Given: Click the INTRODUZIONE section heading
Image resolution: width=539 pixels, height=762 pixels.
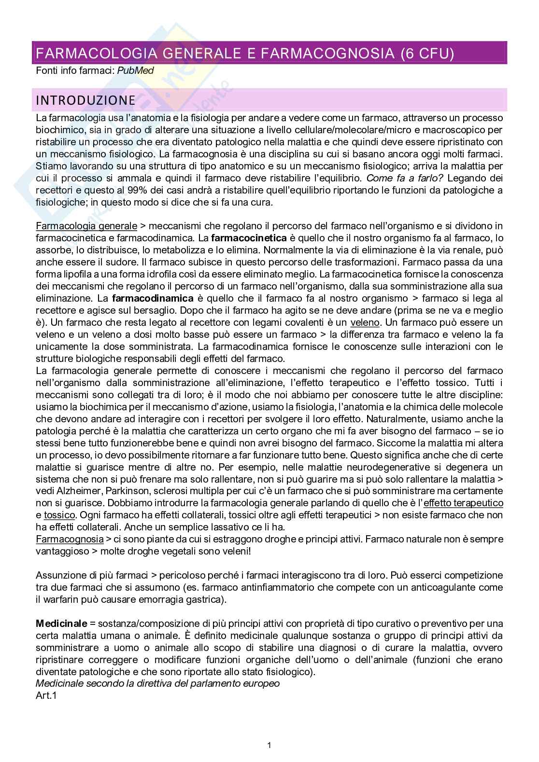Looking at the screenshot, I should point(85,100).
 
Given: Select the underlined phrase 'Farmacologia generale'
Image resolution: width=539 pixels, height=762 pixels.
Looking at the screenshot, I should point(86,226).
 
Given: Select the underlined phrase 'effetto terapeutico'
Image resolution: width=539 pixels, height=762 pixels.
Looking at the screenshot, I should point(463,503).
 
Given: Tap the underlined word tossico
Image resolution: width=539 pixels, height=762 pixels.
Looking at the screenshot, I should point(59,515).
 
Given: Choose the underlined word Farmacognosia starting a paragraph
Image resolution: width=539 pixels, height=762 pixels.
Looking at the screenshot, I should point(70,539).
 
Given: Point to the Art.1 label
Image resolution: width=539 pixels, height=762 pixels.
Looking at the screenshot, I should point(46,696).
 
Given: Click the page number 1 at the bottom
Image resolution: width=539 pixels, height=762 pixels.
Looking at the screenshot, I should point(269,746).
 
